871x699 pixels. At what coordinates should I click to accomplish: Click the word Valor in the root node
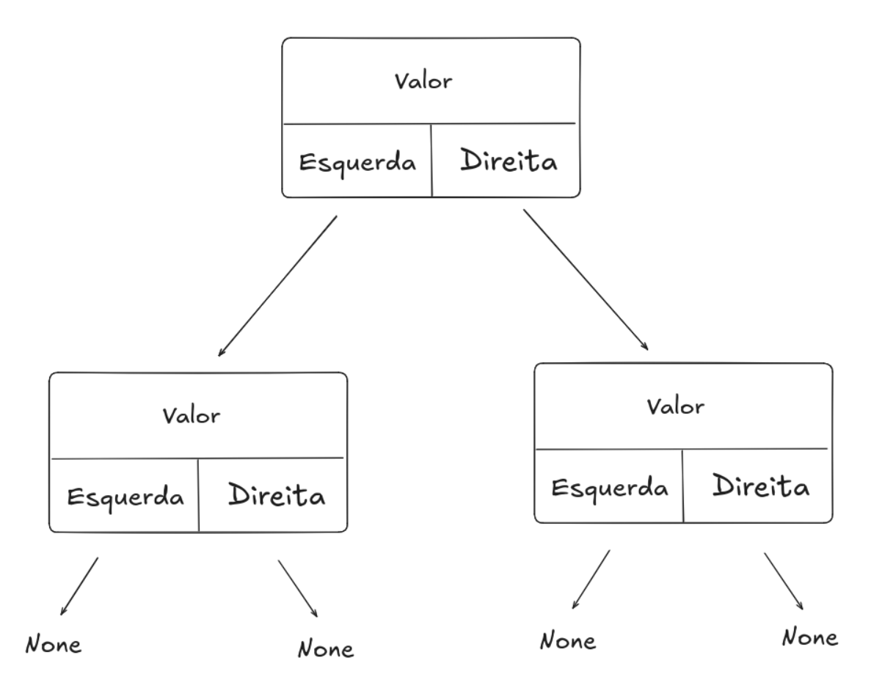pos(423,81)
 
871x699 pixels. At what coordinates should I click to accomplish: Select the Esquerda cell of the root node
pos(357,162)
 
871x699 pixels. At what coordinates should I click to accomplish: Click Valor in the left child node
pos(191,416)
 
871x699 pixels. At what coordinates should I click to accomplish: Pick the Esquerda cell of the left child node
pos(125,497)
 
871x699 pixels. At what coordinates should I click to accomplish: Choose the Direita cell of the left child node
pos(276,495)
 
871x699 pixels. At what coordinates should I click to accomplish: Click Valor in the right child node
pos(675,406)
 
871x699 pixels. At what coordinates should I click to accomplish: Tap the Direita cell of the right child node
pos(761,486)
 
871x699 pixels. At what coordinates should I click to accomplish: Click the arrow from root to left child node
pos(277,286)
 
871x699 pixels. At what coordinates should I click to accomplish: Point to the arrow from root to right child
pos(586,280)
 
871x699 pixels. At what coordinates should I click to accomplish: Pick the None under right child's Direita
pos(809,637)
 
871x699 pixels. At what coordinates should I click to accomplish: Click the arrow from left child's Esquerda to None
pos(79,585)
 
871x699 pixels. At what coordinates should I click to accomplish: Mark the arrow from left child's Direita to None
pos(297,589)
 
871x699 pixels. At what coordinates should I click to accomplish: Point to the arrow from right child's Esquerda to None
pos(591,579)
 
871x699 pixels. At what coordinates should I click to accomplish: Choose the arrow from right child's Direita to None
pos(784,581)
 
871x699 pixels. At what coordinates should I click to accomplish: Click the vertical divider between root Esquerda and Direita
pos(432,161)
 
